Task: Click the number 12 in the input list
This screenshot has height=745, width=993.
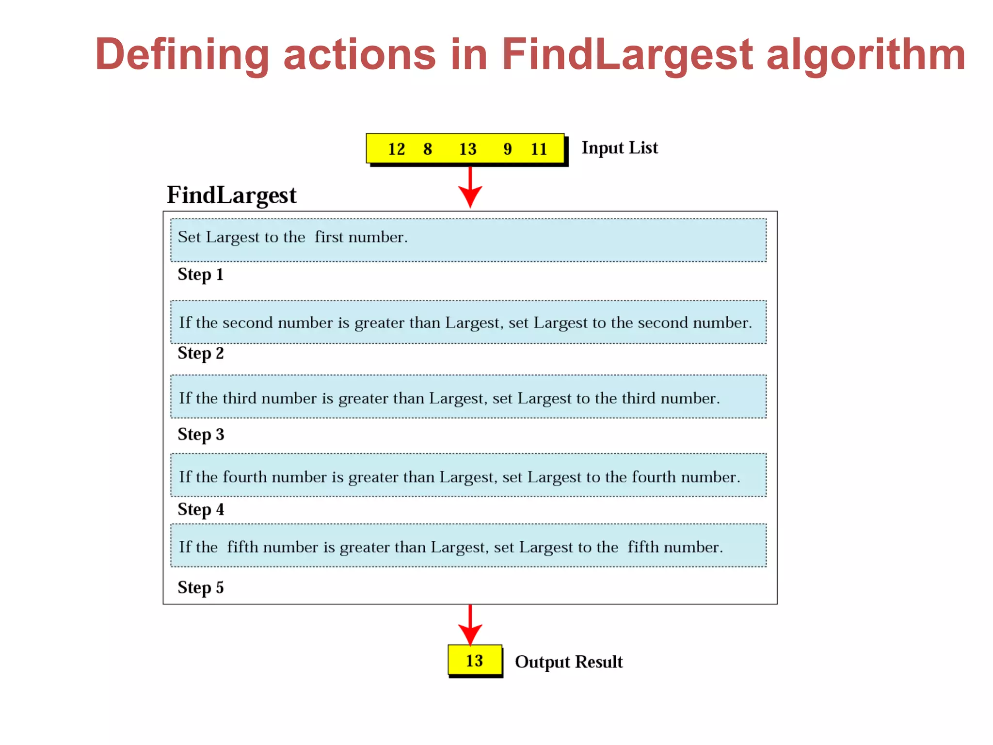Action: (396, 149)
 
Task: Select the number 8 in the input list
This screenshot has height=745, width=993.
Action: (427, 149)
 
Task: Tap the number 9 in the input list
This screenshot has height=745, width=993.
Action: (507, 149)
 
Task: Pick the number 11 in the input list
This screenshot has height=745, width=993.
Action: (539, 149)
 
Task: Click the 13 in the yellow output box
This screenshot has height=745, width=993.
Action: (474, 661)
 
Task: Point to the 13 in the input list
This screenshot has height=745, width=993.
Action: (467, 149)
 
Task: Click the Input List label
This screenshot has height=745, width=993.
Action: (619, 148)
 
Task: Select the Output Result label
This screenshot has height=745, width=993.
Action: (568, 662)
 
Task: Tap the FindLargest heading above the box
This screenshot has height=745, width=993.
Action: (231, 195)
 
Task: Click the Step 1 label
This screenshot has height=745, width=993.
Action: (200, 275)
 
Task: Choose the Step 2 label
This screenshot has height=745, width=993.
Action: (200, 354)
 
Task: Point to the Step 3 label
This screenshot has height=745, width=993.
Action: (200, 435)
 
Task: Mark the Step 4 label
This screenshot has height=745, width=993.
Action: (200, 510)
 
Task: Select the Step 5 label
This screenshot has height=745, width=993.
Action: (200, 588)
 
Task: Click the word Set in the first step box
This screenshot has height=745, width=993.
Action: (189, 237)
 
